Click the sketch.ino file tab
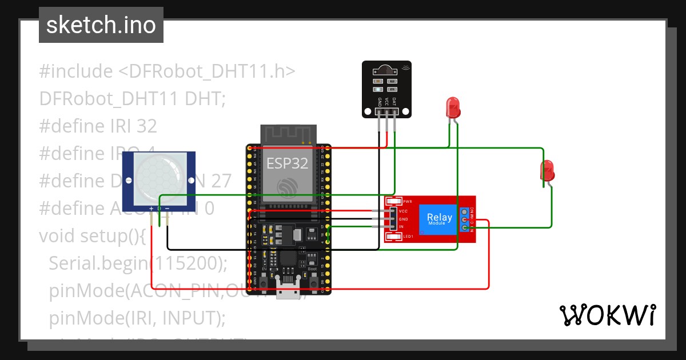coord(101,25)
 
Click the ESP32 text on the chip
coord(288,164)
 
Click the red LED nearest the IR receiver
coord(453,107)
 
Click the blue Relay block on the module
coord(438,219)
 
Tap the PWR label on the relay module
coord(408,202)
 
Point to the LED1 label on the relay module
coord(408,237)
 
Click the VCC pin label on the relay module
coord(403,211)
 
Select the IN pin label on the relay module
coord(401,227)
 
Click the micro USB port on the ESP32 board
coord(288,290)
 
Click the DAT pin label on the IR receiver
coord(394,102)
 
